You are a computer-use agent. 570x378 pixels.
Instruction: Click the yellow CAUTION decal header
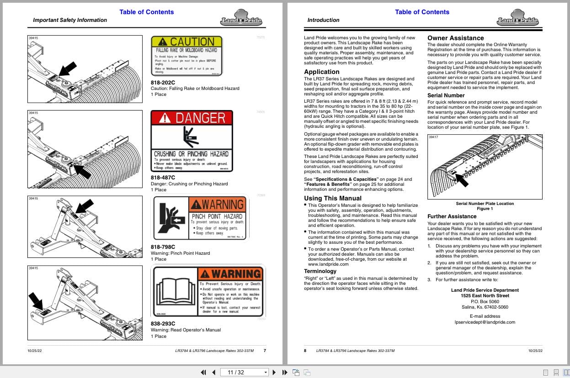[186, 42]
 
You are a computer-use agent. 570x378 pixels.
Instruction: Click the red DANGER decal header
[192, 118]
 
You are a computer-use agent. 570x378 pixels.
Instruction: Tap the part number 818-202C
[163, 82]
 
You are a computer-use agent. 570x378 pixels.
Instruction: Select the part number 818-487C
[163, 178]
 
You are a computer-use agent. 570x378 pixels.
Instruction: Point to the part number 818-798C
[163, 247]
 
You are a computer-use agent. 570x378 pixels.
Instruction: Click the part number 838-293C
[163, 324]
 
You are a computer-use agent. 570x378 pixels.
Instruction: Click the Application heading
[322, 72]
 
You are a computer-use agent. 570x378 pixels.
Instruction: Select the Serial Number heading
[446, 95]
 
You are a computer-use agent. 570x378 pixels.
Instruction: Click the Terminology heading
[320, 271]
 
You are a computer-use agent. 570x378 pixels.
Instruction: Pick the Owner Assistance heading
[455, 38]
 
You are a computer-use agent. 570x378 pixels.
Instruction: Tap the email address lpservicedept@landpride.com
[485, 322]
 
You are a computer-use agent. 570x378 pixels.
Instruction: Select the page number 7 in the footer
[265, 351]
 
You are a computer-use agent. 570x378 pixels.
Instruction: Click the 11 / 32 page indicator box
[244, 372]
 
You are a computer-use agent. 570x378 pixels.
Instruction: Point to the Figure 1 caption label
[485, 209]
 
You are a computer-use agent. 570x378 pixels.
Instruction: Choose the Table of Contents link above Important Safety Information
[146, 12]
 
